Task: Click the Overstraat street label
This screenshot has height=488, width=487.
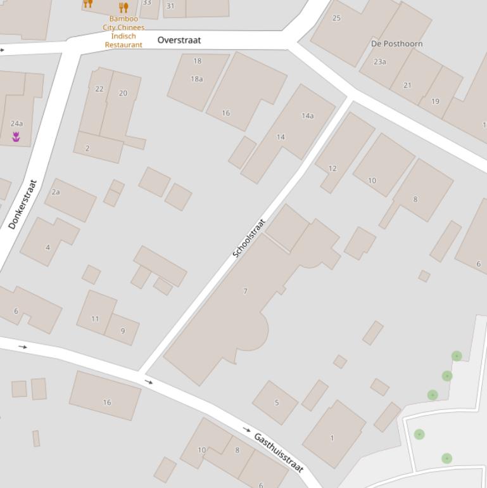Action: [x=179, y=40]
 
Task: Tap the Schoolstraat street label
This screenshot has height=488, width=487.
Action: [x=248, y=238]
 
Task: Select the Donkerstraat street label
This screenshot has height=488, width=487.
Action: [x=23, y=204]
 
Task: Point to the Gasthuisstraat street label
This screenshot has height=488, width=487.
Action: [x=279, y=453]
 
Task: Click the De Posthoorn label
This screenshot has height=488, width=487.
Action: [x=396, y=44]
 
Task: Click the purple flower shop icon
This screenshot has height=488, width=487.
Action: [x=16, y=136]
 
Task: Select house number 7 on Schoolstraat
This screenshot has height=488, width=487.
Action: [x=245, y=292]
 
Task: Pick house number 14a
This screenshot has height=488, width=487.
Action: [x=308, y=116]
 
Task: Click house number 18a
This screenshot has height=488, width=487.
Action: [x=197, y=79]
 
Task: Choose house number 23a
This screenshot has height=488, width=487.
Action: [x=380, y=62]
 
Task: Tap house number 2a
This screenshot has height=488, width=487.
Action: [x=56, y=192]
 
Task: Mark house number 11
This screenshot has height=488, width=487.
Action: [x=95, y=319]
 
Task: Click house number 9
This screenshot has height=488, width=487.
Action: [x=122, y=331]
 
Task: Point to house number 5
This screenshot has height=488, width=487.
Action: [x=277, y=402]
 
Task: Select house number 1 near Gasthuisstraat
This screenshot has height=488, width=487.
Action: [x=332, y=438]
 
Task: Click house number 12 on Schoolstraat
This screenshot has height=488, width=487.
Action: [x=332, y=169]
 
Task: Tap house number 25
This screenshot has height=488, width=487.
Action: [x=336, y=18]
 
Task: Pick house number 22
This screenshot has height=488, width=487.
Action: [x=99, y=89]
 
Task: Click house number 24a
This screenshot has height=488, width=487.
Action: [x=16, y=124]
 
